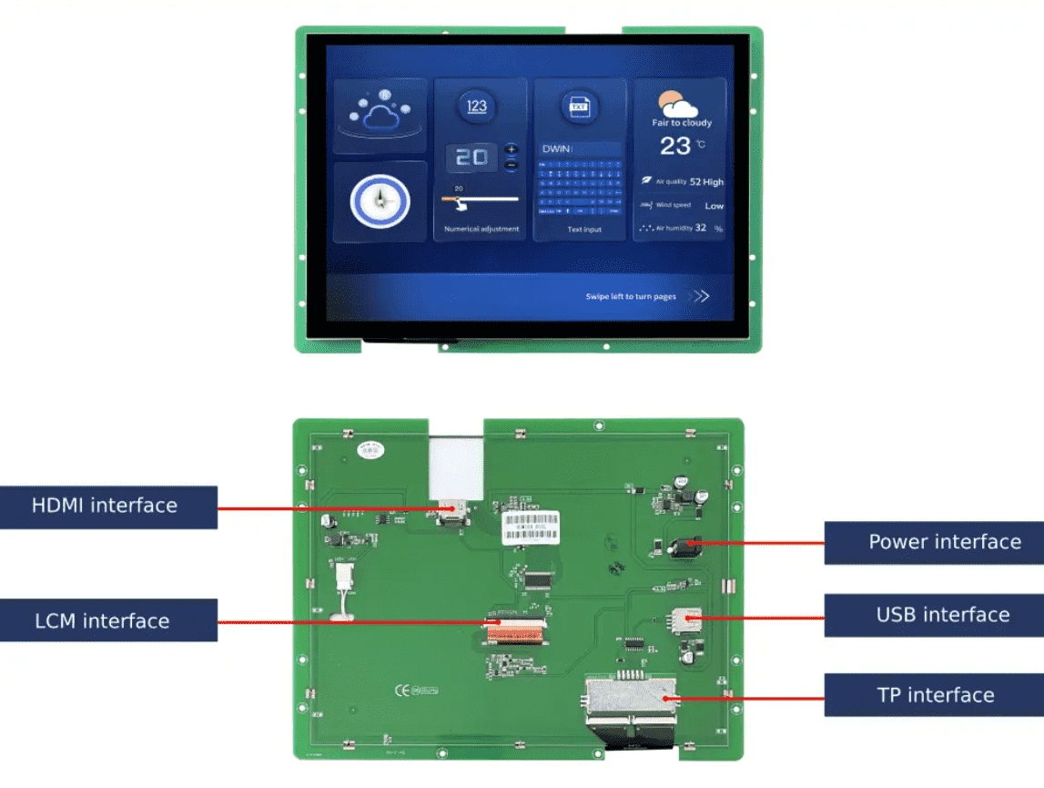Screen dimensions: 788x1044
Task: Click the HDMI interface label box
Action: tap(108, 507)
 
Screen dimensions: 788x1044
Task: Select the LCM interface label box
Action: tap(108, 620)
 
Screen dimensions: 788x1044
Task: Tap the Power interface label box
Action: tap(934, 543)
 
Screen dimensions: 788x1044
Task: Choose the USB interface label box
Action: tap(934, 615)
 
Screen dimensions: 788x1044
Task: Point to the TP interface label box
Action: tap(934, 695)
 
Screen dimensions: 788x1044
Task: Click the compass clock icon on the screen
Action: tap(380, 200)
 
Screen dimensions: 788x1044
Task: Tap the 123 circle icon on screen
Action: tap(477, 107)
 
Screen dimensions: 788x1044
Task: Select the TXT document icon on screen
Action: tap(579, 107)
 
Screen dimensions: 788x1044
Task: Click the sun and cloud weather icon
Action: tap(676, 102)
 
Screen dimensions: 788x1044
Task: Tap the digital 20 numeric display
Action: tap(471, 157)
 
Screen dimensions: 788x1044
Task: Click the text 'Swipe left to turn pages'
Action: tap(631, 297)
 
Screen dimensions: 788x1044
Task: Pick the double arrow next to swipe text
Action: tap(699, 296)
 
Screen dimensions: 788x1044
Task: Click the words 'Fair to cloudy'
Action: tap(682, 123)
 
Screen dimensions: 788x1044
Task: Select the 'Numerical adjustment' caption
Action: tap(481, 230)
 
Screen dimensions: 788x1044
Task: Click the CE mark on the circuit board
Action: tap(400, 690)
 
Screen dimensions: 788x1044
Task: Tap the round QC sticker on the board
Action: tap(370, 448)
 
